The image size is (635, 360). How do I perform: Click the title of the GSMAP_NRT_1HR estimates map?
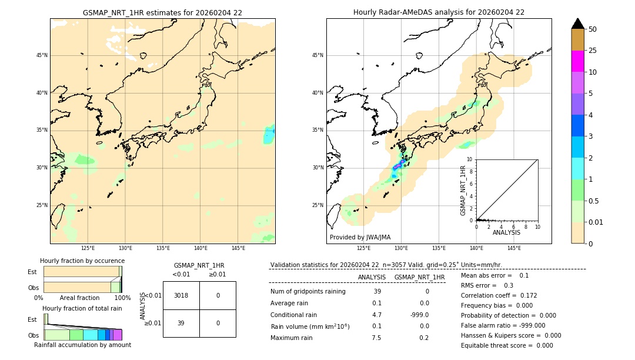[162, 12]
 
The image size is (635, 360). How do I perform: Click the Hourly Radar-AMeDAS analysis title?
[439, 12]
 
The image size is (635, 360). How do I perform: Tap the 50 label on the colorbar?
[593, 29]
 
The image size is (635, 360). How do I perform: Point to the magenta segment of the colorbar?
[577, 61]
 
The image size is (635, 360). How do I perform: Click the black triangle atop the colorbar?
[577, 24]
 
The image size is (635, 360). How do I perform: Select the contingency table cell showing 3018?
[181, 295]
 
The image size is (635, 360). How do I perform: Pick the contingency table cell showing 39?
[181, 323]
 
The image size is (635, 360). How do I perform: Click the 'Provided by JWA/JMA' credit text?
[360, 237]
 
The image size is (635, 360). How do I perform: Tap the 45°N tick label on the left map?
[42, 55]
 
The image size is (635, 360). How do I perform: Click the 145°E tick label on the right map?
[514, 248]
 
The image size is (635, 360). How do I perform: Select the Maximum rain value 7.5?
[376, 338]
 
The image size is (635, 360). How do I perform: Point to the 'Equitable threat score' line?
[507, 345]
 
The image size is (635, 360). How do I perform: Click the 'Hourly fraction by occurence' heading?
[82, 261]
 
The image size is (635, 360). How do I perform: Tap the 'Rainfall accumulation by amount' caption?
[82, 345]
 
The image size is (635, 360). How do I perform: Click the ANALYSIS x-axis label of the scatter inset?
[506, 233]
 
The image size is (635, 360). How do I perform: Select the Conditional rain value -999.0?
[419, 315]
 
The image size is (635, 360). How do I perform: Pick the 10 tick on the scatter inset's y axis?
[470, 159]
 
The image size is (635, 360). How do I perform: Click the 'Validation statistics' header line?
[386, 265]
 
